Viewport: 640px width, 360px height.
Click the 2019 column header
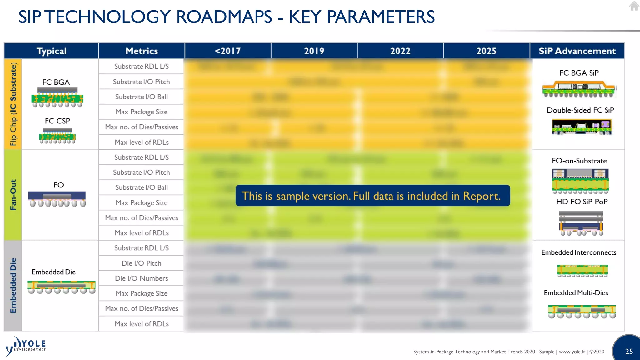coord(314,51)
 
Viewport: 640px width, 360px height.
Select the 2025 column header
coord(486,51)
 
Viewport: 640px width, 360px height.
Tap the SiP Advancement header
coord(577,51)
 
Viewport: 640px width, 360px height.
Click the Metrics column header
coord(142,51)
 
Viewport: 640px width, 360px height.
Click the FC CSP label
coord(57,121)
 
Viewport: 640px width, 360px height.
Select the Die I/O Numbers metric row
coord(141,278)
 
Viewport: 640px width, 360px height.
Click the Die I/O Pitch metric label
coord(141,263)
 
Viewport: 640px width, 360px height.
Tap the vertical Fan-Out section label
coord(13,195)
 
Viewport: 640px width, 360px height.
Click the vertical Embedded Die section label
coord(13,285)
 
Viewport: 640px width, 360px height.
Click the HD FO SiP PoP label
coord(582,202)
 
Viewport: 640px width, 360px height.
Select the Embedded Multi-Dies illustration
coord(582,311)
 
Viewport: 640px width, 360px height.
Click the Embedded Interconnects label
coord(578,252)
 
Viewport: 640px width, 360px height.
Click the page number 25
coord(629,352)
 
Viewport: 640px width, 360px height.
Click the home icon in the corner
coord(634,6)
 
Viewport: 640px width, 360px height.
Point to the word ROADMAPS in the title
coord(224,17)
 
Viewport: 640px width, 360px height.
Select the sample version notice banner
coord(372,196)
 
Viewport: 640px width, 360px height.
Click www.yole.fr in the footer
coord(572,352)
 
